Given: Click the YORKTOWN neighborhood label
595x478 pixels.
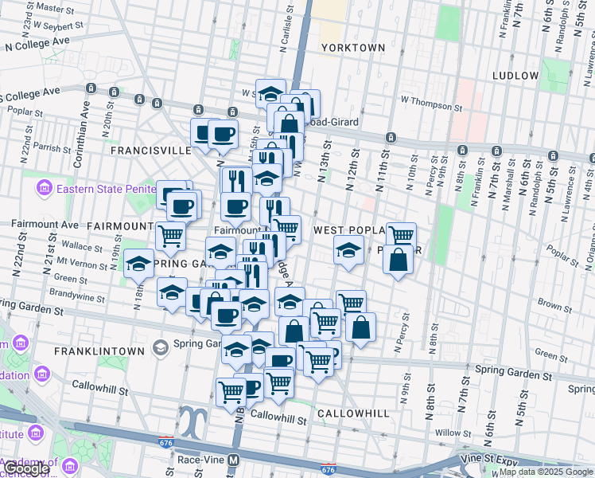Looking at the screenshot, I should click(353, 48).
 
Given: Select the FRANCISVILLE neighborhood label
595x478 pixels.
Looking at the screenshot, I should click(151, 150).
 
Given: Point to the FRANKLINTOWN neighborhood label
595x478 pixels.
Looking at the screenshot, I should click(99, 351).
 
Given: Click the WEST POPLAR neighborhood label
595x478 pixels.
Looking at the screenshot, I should click(350, 230).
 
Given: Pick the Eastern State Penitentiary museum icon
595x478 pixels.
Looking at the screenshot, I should click(44, 189).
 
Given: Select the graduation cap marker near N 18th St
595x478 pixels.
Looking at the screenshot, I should click(139, 264).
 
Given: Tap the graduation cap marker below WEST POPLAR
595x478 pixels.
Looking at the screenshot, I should click(348, 249).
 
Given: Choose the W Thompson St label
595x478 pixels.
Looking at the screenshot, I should click(431, 103).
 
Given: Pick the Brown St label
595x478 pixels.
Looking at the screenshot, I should click(550, 304).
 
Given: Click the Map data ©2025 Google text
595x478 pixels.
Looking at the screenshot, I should click(546, 472).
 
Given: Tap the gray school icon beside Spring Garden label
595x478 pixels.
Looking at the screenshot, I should click(161, 347).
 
